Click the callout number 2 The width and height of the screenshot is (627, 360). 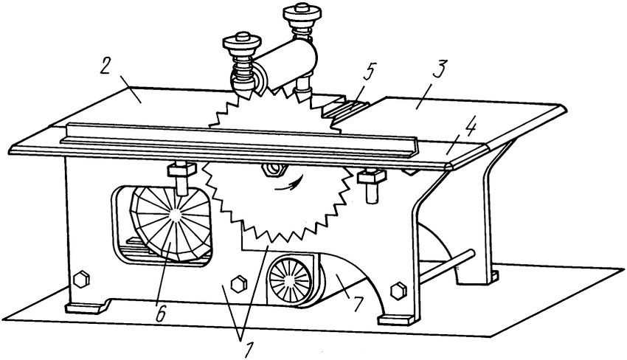(x=105, y=66)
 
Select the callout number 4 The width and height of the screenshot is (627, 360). (x=470, y=127)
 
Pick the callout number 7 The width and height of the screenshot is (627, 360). (x=357, y=304)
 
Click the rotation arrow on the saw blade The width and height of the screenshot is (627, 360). (x=287, y=184)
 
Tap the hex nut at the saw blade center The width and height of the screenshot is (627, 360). (x=274, y=170)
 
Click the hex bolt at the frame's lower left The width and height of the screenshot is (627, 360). (x=81, y=279)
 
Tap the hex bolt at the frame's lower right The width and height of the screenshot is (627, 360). (x=398, y=291)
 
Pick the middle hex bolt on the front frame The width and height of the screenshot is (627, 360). (x=239, y=283)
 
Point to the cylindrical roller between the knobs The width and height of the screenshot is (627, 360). (x=285, y=64)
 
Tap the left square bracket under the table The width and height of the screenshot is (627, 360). (x=181, y=170)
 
